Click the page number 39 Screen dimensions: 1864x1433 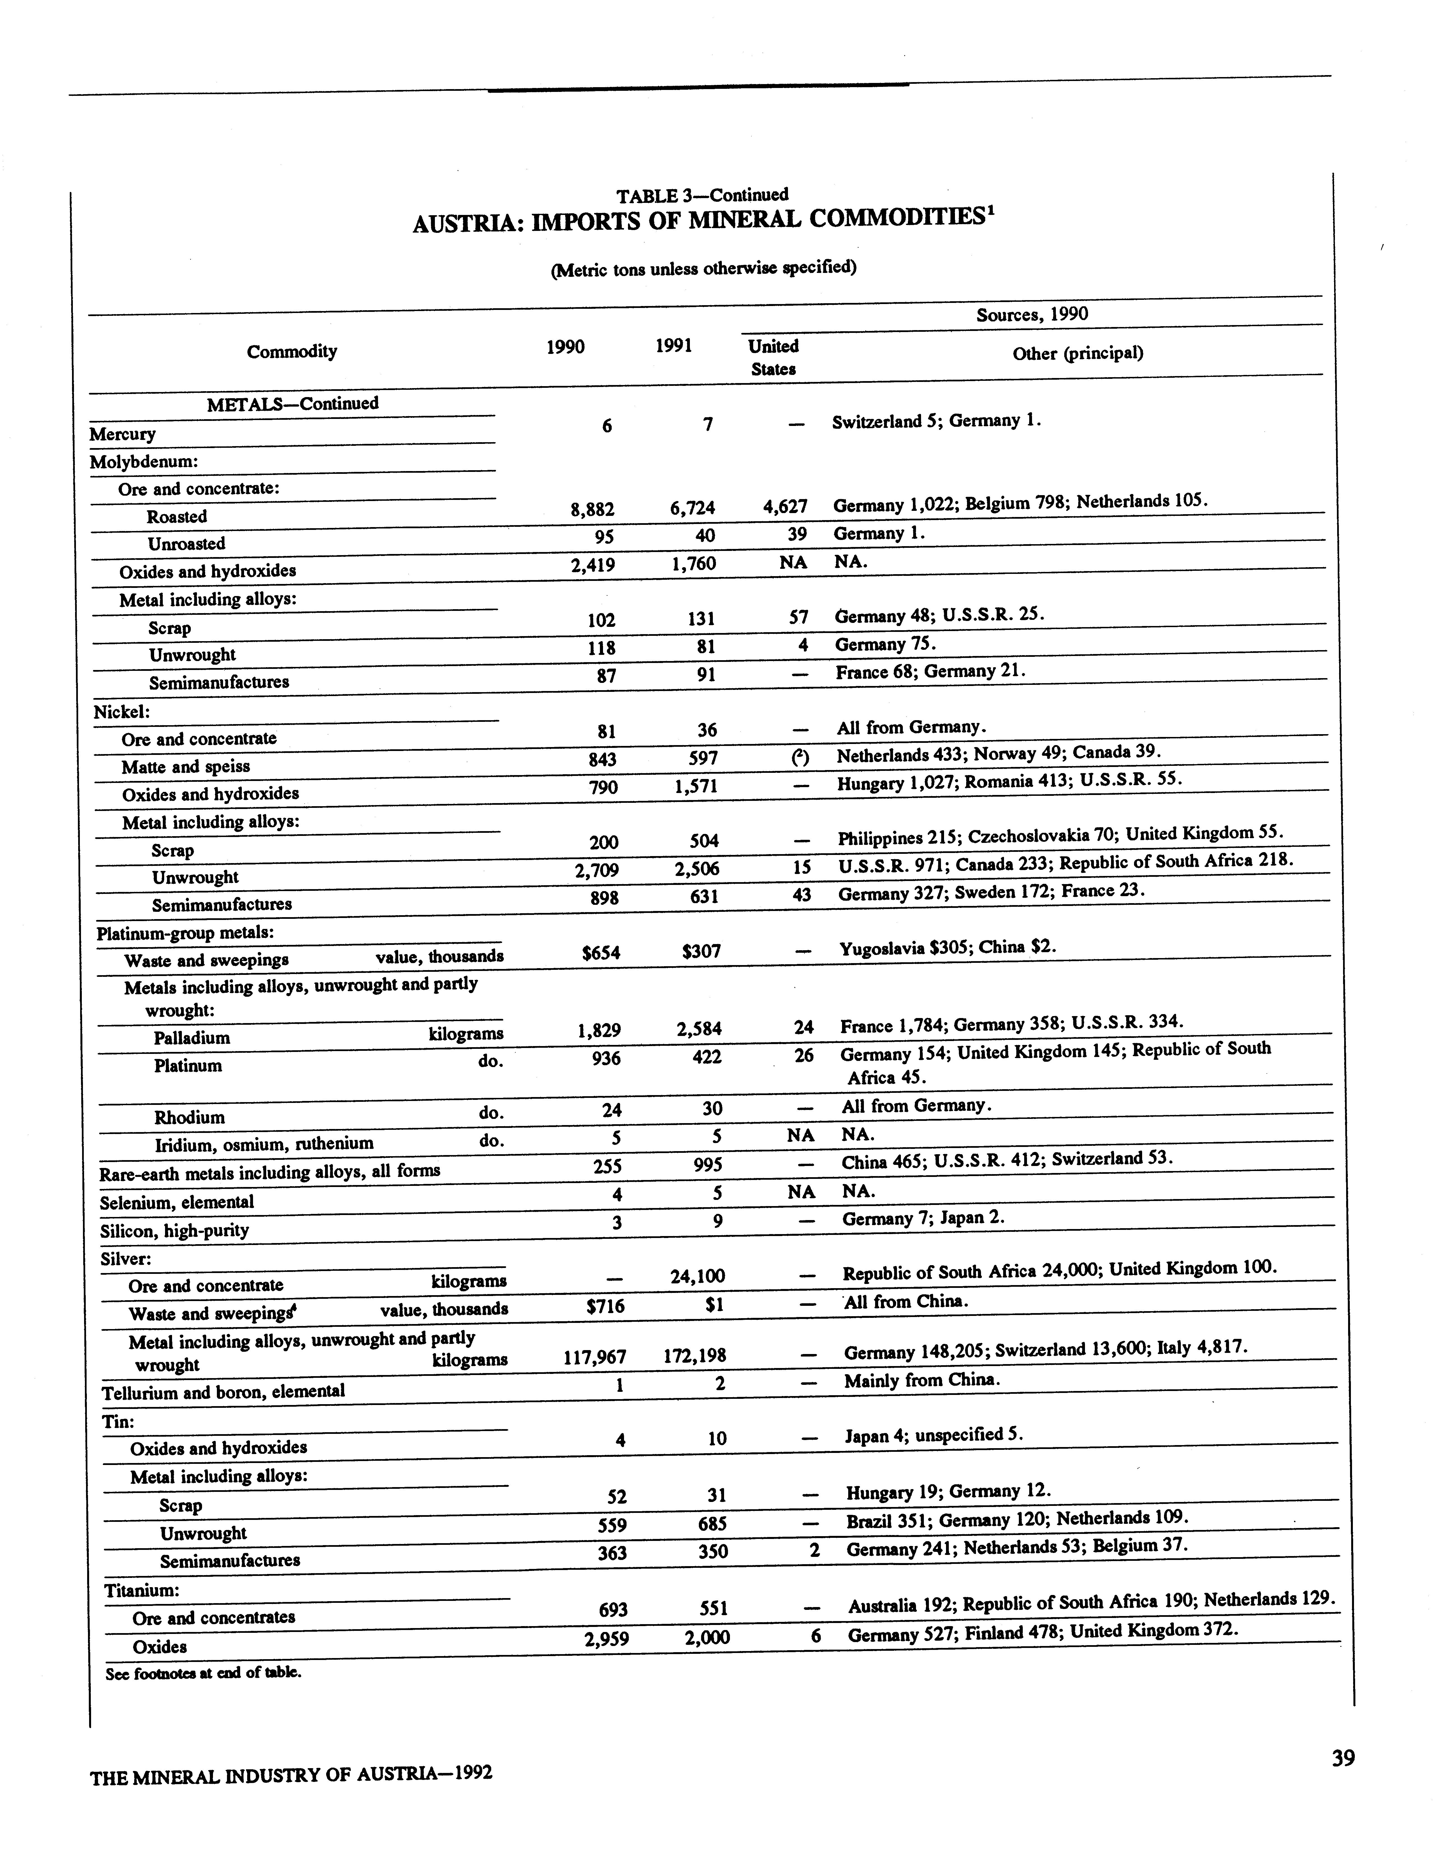pos(1342,1758)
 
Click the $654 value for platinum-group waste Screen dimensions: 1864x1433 pos(601,952)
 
